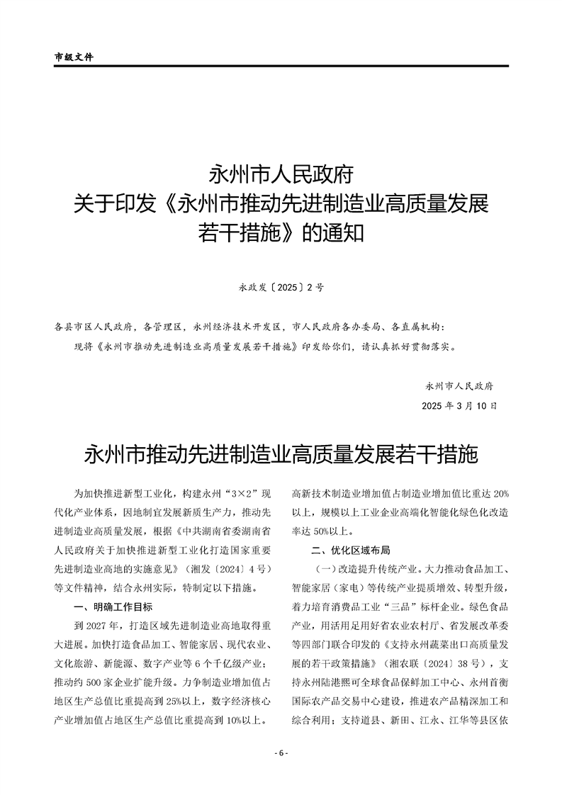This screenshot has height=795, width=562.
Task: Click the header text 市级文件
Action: [x=74, y=56]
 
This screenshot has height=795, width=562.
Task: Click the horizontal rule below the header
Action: [x=281, y=67]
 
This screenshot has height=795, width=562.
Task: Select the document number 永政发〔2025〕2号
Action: [x=281, y=288]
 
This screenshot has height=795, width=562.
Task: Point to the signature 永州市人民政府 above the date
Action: [x=459, y=386]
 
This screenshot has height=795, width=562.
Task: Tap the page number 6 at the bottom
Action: [x=281, y=753]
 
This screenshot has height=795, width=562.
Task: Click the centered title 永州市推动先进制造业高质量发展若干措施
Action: [x=281, y=454]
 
